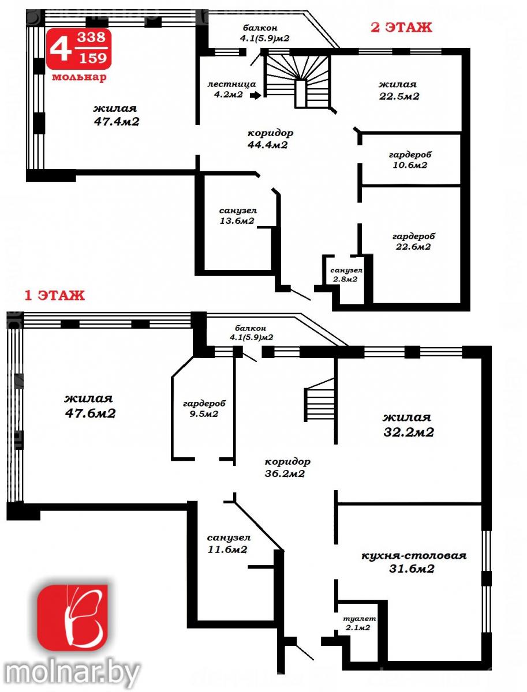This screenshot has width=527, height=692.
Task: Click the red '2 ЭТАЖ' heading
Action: pos(401,28)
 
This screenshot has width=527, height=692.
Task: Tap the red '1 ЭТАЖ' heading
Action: pos(55,295)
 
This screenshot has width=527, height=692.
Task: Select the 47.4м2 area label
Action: pos(117,121)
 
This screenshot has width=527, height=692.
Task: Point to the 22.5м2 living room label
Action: pos(399,96)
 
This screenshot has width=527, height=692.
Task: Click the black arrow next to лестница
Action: pos(255,95)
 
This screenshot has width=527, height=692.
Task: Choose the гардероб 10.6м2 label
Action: pos(410,160)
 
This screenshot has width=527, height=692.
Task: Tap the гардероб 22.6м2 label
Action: pos(413,241)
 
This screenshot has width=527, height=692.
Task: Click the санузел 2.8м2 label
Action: pos(346,274)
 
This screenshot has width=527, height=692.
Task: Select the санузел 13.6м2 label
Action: pos(238,215)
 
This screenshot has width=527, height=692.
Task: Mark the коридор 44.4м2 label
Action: pos(271,139)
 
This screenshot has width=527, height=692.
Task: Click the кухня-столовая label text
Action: pos(414,555)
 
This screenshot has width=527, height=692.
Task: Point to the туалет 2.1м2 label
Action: pos(359,623)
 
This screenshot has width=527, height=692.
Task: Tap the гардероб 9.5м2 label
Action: pos(204,409)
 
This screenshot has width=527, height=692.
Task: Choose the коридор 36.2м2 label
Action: pos(287,468)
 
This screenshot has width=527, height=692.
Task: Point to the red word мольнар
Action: pos(79,77)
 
